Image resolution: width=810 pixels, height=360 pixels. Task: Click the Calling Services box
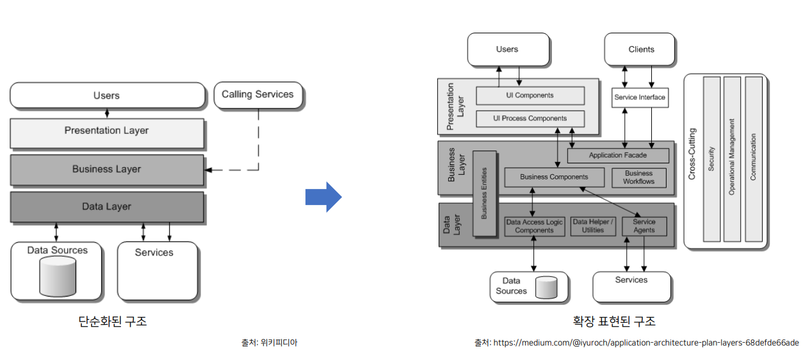pos(257,95)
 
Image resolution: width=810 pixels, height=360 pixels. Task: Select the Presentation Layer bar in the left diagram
pos(107,131)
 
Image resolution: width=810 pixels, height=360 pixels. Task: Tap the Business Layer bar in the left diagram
pos(107,170)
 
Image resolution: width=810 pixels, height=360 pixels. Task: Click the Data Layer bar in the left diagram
pos(107,207)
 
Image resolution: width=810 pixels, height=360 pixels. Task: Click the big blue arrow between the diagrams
pos(324,197)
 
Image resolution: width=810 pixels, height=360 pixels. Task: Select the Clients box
pos(641,49)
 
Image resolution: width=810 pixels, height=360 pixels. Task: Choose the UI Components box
pos(530,96)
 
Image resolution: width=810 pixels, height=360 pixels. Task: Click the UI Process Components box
pos(530,119)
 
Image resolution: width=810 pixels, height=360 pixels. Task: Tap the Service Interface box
pos(640,98)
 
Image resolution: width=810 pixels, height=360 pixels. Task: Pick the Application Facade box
pos(618,156)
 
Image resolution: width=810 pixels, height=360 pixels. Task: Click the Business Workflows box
pos(638,177)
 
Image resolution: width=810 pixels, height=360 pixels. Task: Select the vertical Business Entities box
pos(484,193)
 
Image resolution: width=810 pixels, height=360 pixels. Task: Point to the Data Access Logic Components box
pos(534,226)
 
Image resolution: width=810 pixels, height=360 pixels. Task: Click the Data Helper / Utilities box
pos(593,226)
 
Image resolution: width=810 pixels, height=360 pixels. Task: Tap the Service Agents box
pos(644,226)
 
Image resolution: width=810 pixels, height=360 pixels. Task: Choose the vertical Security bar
pos(711,159)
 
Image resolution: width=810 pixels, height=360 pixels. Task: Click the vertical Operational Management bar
pos(732,159)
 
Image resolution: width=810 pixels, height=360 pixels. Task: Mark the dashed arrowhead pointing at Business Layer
pos(208,170)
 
